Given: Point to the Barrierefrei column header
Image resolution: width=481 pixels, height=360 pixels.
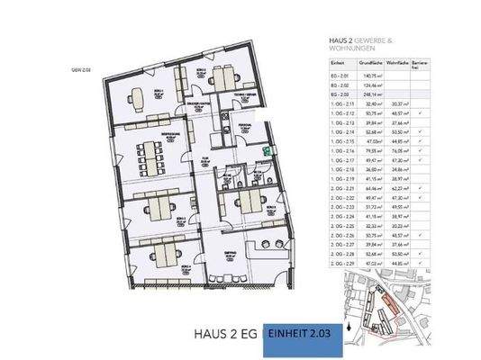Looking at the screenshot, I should pos(419,65).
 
